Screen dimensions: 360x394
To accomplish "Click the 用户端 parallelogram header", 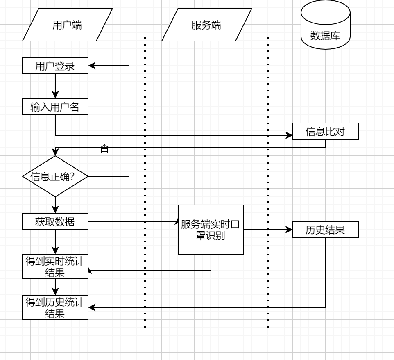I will tap(67, 25).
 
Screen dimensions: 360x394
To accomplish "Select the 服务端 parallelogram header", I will tap(206, 25).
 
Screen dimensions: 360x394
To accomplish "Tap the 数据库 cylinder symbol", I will tap(325, 25).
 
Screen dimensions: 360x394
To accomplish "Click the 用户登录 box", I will tap(55, 66).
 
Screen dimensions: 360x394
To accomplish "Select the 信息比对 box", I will tap(326, 131).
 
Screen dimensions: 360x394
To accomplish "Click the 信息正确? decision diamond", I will tap(55, 176).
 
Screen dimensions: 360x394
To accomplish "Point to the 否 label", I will tap(104, 149).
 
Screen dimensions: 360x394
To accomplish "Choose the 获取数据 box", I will tap(55, 221).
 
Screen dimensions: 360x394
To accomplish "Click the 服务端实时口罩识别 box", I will tap(211, 230).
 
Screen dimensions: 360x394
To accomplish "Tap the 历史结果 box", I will tap(326, 230).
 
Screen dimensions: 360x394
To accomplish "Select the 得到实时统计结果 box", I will tap(55, 267).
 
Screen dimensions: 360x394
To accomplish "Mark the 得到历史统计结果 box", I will tap(55, 308).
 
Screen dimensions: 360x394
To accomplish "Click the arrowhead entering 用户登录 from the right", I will tap(92, 66).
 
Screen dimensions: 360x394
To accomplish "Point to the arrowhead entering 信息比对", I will tap(289, 135).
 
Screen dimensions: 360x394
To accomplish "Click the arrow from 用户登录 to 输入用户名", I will tap(55, 86).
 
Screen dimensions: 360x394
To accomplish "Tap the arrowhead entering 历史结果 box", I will tap(289, 230).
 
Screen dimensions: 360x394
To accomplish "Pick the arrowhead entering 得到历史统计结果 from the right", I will tap(92, 308).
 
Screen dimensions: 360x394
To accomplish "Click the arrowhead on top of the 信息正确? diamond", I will tap(55, 153).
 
